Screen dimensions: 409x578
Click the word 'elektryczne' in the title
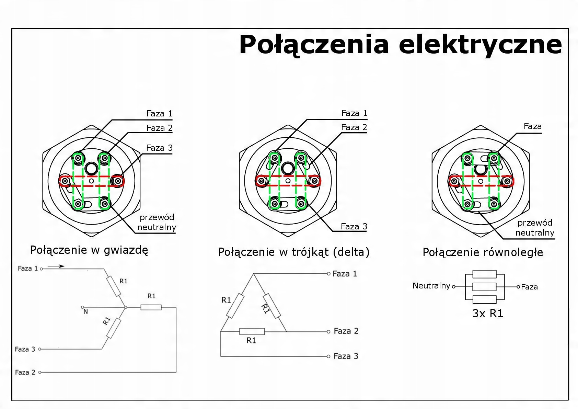480,45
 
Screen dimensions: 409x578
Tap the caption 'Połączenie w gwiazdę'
89,250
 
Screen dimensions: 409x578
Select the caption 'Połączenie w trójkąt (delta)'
294,252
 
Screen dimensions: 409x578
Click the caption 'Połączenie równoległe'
483,252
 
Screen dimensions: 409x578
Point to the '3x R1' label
487,314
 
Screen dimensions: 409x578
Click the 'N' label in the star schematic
86,312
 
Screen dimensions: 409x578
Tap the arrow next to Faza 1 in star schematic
56,266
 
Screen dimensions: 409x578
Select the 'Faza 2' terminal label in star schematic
25,372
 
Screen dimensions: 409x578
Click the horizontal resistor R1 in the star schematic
151,307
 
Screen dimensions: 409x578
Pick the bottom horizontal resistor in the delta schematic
252,331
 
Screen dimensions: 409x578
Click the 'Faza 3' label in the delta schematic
346,356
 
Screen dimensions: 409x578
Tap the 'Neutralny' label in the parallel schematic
431,286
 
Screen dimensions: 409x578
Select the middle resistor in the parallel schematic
484,287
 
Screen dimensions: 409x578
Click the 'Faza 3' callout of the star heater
159,148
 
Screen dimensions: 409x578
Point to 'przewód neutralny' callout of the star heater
157,222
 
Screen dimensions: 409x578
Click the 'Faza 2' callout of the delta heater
354,127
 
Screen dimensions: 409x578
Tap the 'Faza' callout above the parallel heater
532,126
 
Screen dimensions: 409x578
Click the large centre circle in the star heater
91,168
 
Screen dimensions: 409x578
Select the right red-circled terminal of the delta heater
314,181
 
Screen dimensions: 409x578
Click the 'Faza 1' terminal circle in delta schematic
329,274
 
